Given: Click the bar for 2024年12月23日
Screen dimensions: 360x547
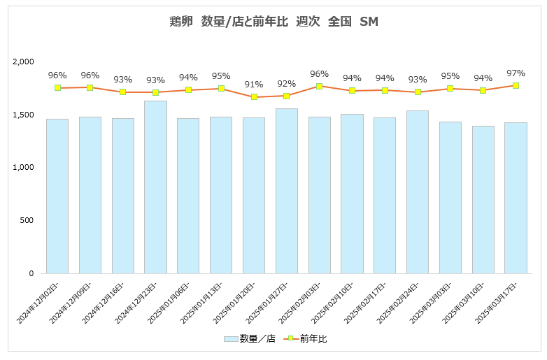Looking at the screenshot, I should pos(155,187).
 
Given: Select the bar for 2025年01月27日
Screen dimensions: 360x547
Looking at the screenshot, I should pos(287,191).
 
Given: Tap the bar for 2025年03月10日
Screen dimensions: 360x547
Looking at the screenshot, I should pos(483,199).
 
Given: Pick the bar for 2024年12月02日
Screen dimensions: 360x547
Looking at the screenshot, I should pos(57,196).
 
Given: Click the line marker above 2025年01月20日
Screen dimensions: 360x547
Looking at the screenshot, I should pos(254,97).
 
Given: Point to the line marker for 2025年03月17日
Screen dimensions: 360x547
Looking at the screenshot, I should pos(516,85).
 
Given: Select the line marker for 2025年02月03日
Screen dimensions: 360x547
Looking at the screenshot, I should pos(319,86).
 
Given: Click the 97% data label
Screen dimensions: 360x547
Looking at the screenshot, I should pos(516,73).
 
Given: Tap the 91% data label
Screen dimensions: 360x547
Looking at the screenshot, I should pos(254,85).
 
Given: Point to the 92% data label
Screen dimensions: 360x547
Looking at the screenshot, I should pos(287,83).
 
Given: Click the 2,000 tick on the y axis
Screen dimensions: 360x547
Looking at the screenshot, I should pos(23,62).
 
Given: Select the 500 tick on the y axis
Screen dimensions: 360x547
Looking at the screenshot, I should pos(27,221).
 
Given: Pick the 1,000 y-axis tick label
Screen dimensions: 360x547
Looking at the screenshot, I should pos(23,168).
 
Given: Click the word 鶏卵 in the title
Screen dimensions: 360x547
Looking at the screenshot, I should pos(180,22).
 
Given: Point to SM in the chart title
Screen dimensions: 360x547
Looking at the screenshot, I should pos(369,22).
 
